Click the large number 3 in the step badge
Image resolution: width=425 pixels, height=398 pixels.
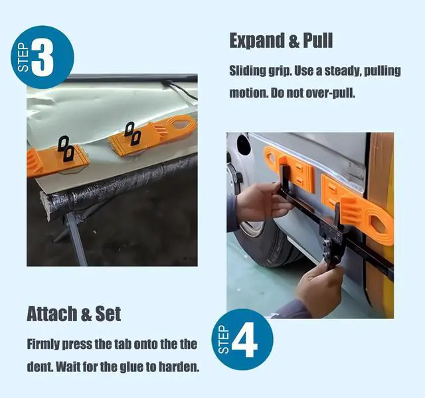click(x=42, y=58)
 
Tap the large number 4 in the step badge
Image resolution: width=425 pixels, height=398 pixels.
click(x=245, y=340)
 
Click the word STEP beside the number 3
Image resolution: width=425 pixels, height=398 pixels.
click(x=23, y=58)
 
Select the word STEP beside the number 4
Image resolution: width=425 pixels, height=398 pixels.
click(x=223, y=340)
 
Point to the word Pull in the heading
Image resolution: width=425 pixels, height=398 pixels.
click(x=317, y=40)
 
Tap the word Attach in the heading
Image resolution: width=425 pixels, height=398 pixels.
click(x=52, y=314)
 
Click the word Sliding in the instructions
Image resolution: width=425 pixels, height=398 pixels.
click(x=247, y=71)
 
